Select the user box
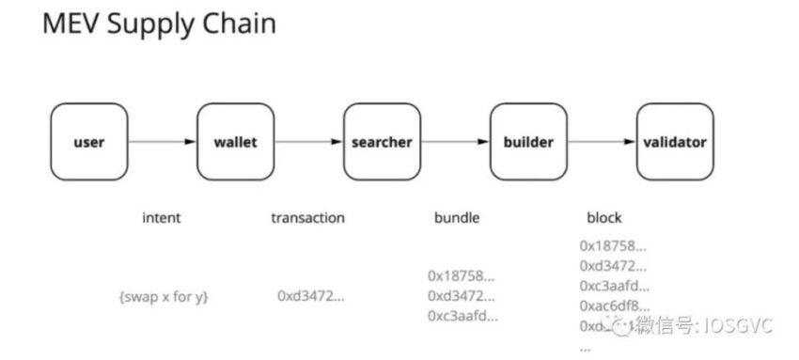[88, 143]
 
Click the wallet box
[234, 143]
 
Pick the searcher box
[381, 143]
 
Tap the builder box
[527, 143]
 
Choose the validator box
[674, 143]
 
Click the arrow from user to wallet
[162, 143]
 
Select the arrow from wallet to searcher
[307, 143]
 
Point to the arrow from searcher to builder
[454, 143]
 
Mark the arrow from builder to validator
[601, 143]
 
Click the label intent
[161, 218]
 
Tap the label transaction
[307, 218]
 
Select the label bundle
[457, 218]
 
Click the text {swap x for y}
[164, 296]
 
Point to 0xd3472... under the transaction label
[310, 295]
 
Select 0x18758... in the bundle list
[462, 276]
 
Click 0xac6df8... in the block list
[614, 305]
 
